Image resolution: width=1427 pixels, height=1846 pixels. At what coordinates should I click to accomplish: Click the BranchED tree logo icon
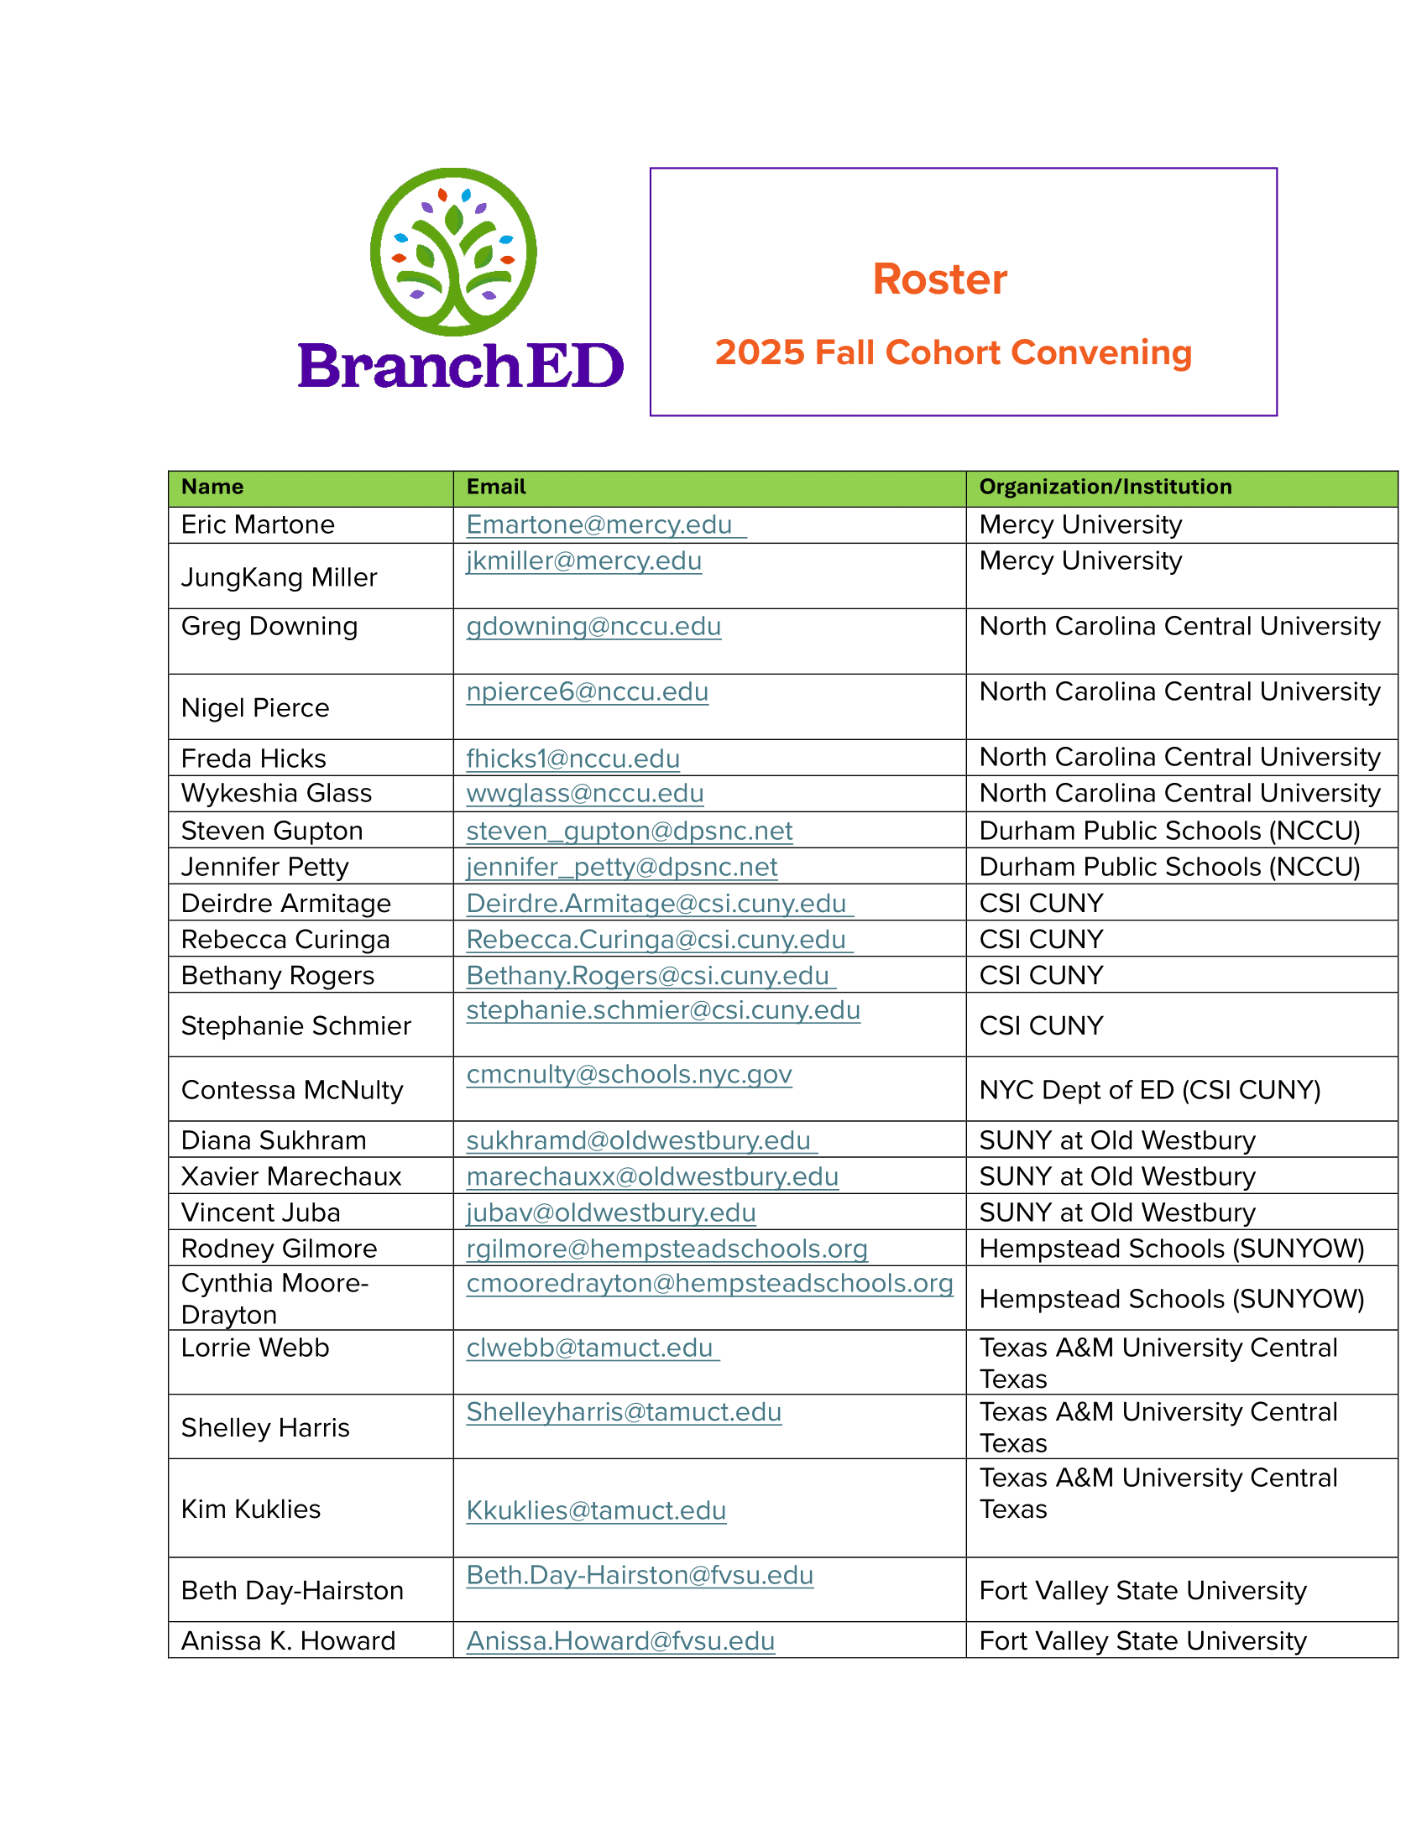point(453,251)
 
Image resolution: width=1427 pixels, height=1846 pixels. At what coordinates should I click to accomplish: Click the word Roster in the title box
point(939,279)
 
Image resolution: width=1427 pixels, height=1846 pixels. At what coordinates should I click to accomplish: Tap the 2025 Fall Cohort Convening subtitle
point(953,352)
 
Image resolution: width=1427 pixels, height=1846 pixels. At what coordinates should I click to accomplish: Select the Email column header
point(495,487)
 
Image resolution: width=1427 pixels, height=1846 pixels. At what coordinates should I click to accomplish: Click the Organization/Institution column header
point(1104,487)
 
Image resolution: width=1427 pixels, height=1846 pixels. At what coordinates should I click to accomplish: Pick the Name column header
point(212,487)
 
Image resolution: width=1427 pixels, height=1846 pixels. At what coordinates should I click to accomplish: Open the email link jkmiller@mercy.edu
point(583,561)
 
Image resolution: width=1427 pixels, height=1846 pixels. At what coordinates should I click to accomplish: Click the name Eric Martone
point(258,525)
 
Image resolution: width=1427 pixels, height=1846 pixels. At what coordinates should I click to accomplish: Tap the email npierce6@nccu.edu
point(587,692)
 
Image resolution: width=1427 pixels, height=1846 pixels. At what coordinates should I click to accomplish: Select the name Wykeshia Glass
point(276,794)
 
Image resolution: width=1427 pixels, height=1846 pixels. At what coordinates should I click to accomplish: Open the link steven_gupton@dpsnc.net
point(629,831)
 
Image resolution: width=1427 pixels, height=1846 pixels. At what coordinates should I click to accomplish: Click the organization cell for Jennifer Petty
point(1168,868)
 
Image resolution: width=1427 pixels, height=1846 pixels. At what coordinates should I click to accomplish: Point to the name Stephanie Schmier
point(295,1026)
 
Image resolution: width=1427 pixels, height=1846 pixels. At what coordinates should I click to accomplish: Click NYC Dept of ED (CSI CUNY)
point(1149,1090)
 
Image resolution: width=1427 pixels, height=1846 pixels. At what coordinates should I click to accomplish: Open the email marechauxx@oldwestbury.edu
point(651,1176)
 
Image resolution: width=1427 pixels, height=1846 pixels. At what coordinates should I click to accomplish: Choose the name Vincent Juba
point(260,1213)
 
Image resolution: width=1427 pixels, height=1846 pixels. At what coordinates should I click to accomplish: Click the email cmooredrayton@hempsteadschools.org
point(709,1284)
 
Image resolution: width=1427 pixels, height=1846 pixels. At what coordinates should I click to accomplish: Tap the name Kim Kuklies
point(251,1510)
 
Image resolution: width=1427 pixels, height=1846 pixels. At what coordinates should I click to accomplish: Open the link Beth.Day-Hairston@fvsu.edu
point(639,1576)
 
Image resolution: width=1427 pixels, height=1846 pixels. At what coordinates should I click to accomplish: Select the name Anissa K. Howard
point(288,1641)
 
